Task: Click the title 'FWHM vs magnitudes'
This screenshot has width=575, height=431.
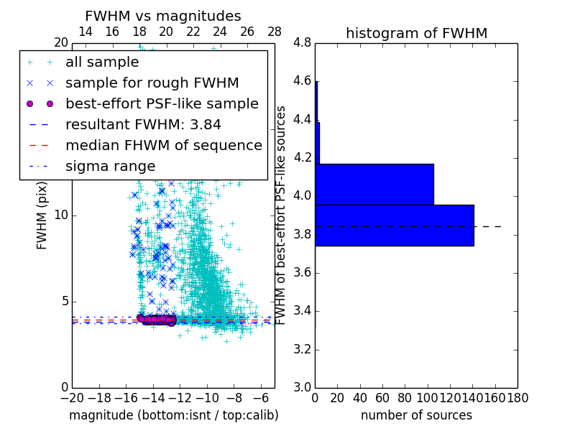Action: pos(162,16)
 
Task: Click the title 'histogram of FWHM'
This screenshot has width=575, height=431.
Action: pos(416,33)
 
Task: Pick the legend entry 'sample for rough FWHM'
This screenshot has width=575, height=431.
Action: pos(152,83)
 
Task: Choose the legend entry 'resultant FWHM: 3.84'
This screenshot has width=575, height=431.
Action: pos(143,124)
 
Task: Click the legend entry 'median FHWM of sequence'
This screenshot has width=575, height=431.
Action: pos(163,145)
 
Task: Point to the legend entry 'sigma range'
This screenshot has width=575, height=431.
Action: pos(110,166)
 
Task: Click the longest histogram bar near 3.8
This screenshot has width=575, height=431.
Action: pos(394,225)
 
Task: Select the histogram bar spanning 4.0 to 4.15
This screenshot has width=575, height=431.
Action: pos(374,184)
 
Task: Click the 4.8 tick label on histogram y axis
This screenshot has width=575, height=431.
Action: pos(302,43)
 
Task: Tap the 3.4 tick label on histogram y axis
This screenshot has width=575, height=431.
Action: pos(302,311)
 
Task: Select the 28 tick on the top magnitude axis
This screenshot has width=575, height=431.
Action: pos(275,32)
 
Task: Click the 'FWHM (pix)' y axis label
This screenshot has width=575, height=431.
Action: pos(42,216)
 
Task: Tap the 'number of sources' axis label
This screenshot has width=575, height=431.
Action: pos(416,415)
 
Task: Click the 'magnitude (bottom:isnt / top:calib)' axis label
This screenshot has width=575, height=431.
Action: pos(173,415)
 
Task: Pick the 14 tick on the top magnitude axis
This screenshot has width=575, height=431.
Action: pos(85,32)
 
